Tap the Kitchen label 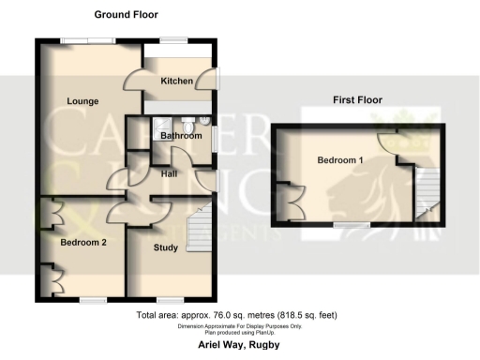(x=176, y=82)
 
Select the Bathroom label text (x=180, y=136)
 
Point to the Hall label (x=169, y=173)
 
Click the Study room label (x=168, y=248)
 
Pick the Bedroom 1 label (x=338, y=160)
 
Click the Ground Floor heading (x=126, y=15)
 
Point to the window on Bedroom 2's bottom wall (x=92, y=300)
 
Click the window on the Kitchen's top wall (x=172, y=40)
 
